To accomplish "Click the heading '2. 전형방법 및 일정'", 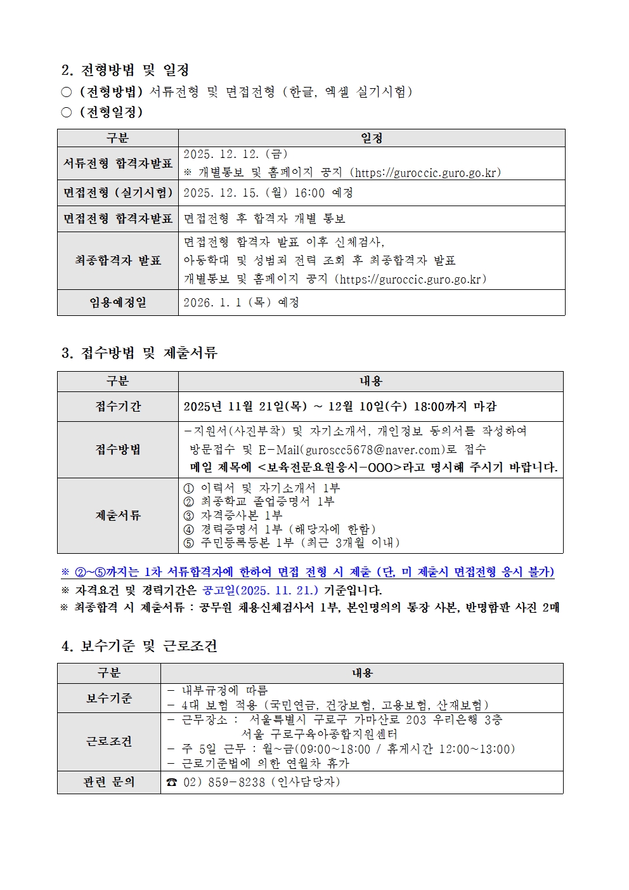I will (125, 70).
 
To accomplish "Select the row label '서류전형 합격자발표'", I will (118, 164).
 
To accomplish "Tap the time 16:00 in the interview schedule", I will (309, 193).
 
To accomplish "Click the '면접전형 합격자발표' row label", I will (118, 219).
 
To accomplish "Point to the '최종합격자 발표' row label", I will (118, 261).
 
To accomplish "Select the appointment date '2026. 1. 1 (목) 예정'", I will (241, 303).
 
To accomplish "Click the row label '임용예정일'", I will (118, 303).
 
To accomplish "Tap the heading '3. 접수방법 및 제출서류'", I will (139, 353).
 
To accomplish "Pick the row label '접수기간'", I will (118, 407).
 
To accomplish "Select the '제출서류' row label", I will (118, 516).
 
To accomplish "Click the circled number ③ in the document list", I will (188, 516).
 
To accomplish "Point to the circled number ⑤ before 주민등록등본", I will (188, 543).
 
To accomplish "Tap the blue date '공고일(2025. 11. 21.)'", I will (260, 591).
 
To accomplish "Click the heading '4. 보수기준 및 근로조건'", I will (139, 646).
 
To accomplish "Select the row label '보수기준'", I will (109, 698).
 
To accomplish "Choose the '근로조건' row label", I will (109, 742).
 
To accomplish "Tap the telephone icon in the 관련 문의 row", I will (172, 783).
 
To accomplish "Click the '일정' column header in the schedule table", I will (372, 138).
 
